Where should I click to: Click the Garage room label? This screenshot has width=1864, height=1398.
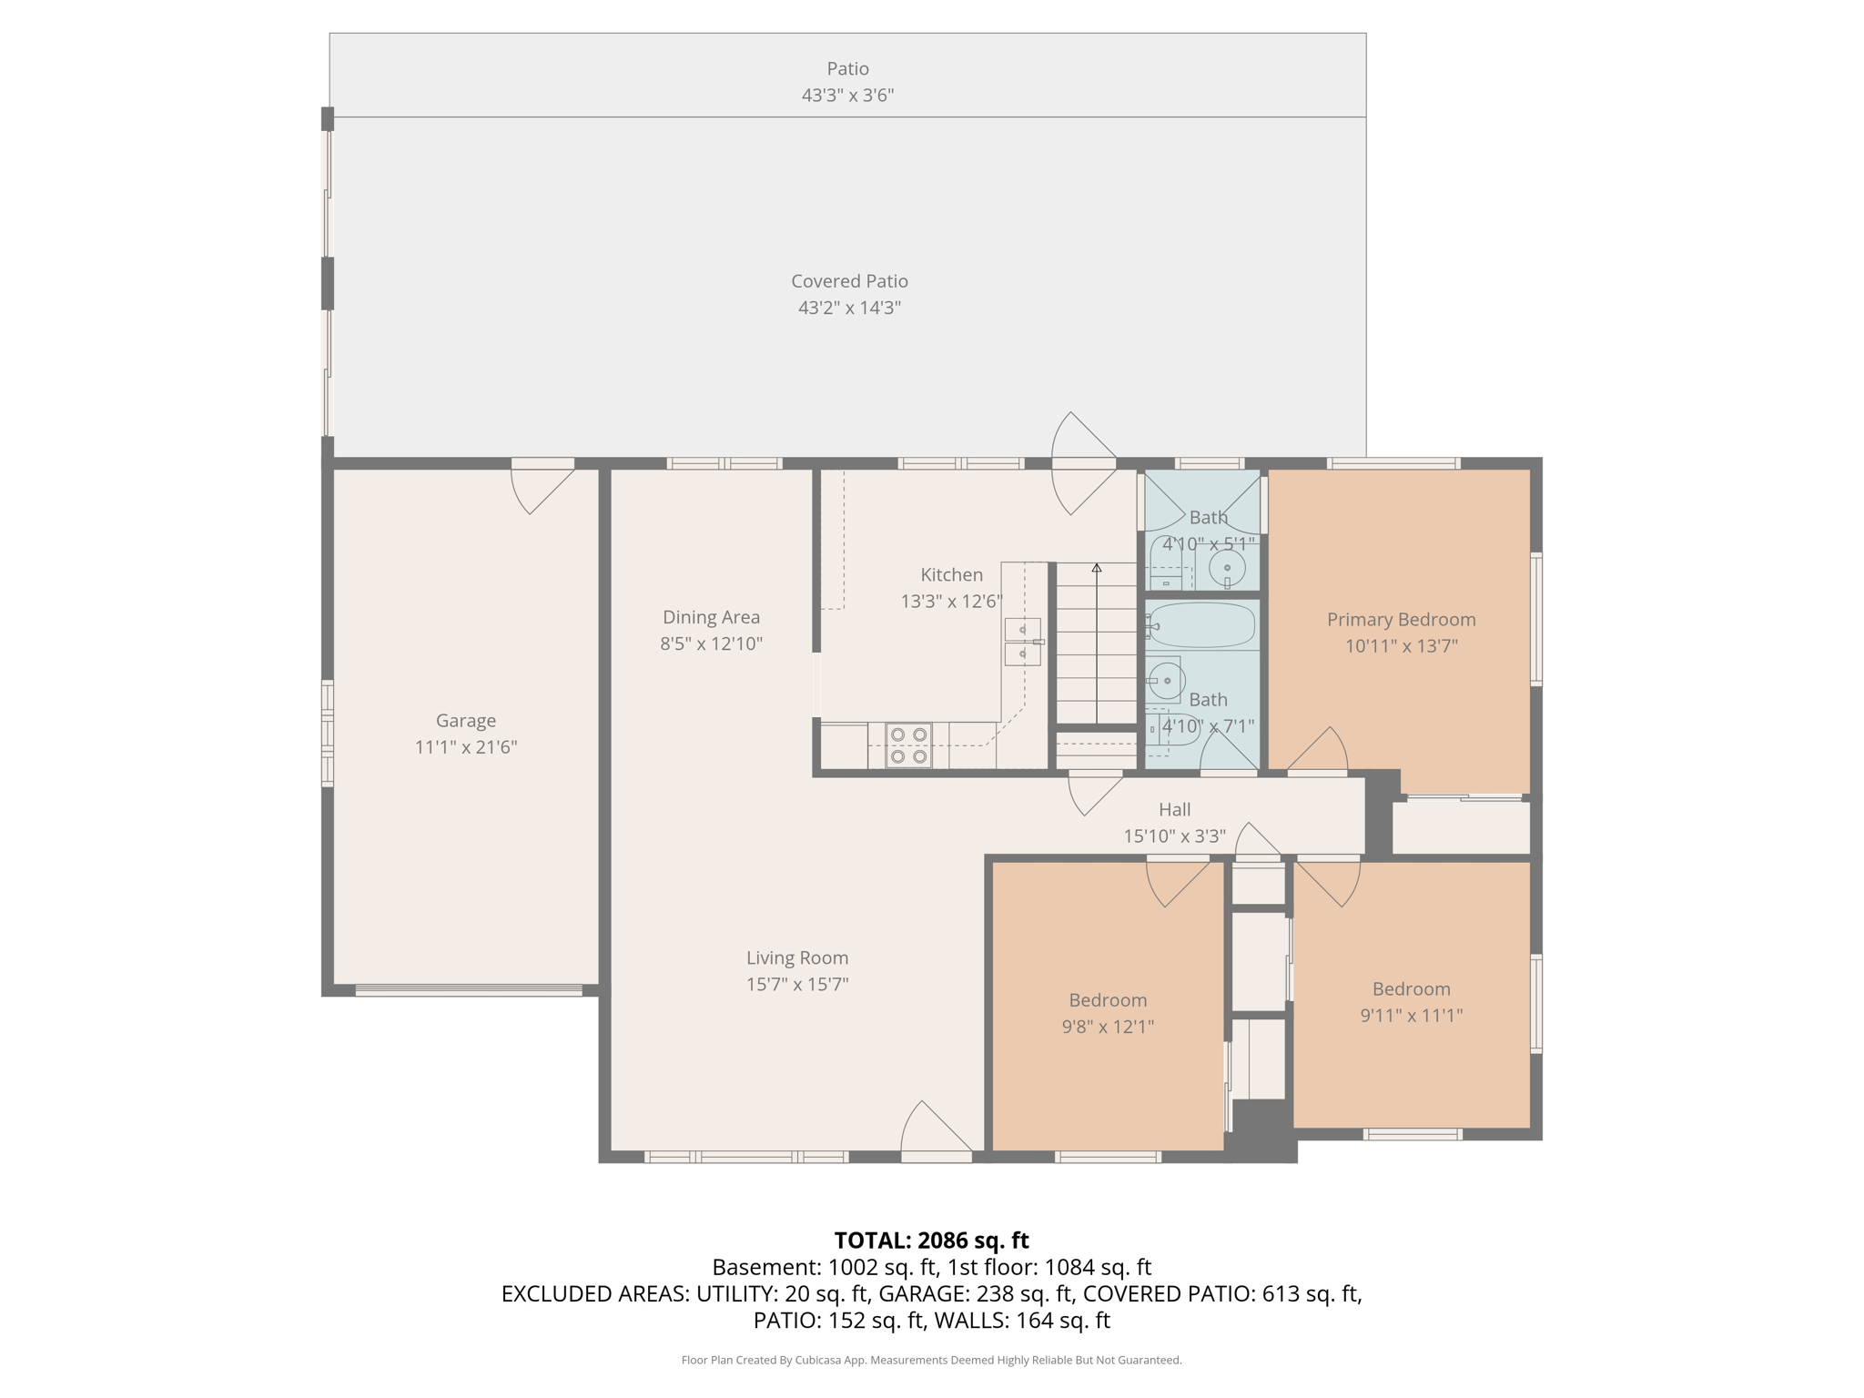[x=465, y=720]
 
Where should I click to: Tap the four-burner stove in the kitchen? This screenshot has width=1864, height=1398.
[x=908, y=745]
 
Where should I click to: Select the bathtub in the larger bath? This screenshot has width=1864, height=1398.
[x=1202, y=625]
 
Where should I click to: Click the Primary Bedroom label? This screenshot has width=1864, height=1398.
[x=1401, y=620]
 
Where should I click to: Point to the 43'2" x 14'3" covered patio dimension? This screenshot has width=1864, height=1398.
[x=849, y=308]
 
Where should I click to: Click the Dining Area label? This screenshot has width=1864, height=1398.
[x=711, y=617]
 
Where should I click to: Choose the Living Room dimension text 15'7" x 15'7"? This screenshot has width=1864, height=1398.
[x=797, y=984]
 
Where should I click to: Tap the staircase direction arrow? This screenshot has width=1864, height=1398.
[x=1097, y=568]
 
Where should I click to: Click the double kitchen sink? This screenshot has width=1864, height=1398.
[x=1022, y=642]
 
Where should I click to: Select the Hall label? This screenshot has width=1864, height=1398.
[x=1174, y=809]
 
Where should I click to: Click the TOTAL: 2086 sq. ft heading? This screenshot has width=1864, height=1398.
[x=931, y=1241]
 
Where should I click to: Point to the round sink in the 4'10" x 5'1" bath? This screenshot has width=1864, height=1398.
[x=1226, y=569]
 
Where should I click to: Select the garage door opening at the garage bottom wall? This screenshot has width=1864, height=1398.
[x=468, y=990]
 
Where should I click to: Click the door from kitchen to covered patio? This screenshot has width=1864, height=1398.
[x=1083, y=463]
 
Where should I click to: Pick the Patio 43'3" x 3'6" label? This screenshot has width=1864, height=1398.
[x=847, y=81]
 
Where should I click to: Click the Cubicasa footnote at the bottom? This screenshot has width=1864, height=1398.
[x=931, y=1360]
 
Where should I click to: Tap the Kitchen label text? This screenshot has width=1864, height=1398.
[x=951, y=574]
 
